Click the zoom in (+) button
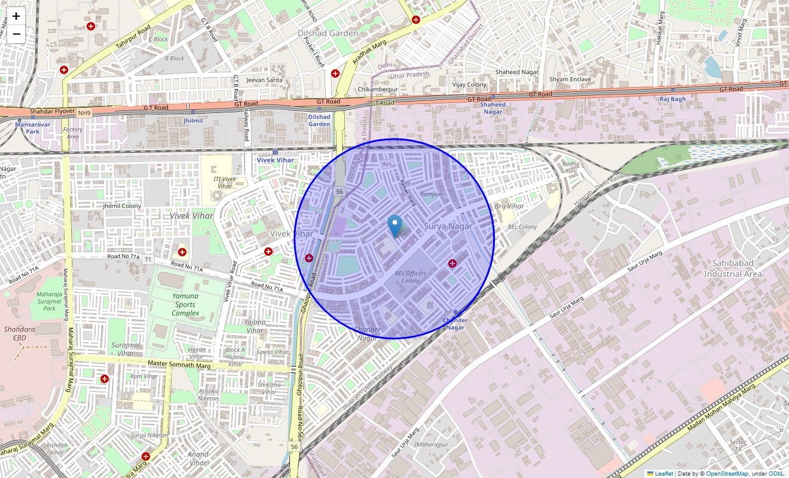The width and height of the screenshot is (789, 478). coord(16,17)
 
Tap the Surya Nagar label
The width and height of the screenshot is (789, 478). coord(448,226)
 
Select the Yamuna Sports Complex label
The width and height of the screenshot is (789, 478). coord(185,304)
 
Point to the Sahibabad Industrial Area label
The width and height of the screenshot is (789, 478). coord(733,268)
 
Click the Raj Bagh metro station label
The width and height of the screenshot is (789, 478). coord(672,99)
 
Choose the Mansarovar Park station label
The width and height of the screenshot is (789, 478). coord(32,128)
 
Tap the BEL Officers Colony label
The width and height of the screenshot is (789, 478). coord(411,277)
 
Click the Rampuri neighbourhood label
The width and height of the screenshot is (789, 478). coord(431,194)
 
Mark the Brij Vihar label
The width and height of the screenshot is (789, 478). coord(509,206)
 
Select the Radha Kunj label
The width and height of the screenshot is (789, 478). coord(571,167)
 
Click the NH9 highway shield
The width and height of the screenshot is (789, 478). coord(84,113)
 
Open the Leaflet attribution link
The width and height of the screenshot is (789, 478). coord(663,474)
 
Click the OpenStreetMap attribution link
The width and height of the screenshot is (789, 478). coord(727,474)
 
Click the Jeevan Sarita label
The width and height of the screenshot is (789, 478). coord(264,79)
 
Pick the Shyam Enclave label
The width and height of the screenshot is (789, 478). coord(570,79)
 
